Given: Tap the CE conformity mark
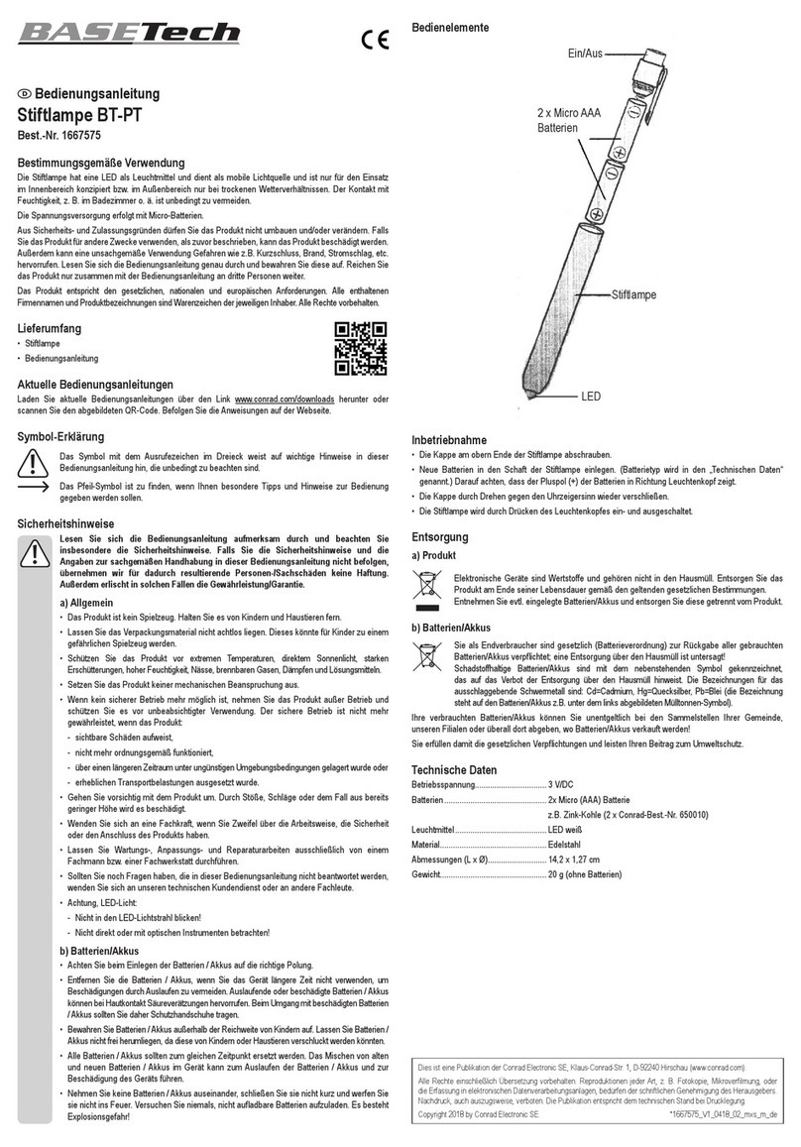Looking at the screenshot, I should [x=374, y=41].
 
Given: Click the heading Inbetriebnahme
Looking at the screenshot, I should [x=448, y=440].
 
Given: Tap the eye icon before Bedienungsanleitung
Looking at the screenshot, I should [x=26, y=94].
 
